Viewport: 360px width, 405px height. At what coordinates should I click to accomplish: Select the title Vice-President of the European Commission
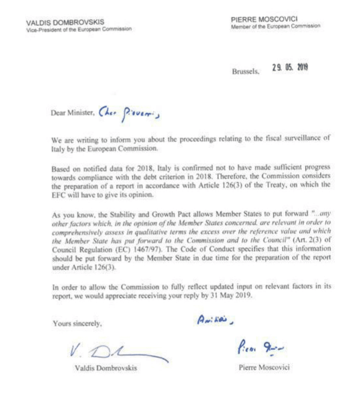[79, 29]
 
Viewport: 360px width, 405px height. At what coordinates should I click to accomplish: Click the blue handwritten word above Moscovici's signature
[214, 320]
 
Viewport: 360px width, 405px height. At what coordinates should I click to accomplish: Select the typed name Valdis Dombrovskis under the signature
[100, 369]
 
